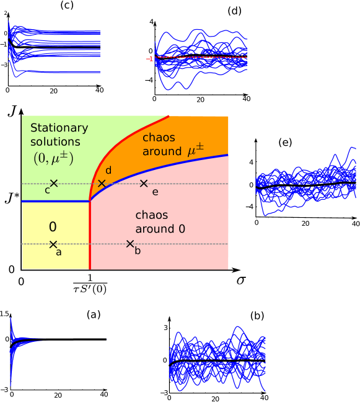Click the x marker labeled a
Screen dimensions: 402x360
53,244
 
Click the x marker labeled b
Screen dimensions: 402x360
130,244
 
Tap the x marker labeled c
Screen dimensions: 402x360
54,183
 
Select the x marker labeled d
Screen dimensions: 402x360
102,183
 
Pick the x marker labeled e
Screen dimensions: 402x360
144,183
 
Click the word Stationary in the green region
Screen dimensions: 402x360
59,128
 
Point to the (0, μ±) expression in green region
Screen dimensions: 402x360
53,158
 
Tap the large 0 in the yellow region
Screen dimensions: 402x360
53,228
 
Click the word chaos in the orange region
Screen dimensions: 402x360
159,137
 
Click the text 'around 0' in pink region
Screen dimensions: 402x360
160,229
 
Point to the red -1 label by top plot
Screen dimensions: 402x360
149,59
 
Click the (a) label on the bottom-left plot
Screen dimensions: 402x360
93,315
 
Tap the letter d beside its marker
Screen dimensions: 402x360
108,171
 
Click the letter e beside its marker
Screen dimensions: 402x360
155,192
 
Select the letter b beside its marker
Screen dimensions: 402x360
138,251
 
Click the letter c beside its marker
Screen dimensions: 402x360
47,190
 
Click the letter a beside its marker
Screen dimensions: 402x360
59,252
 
